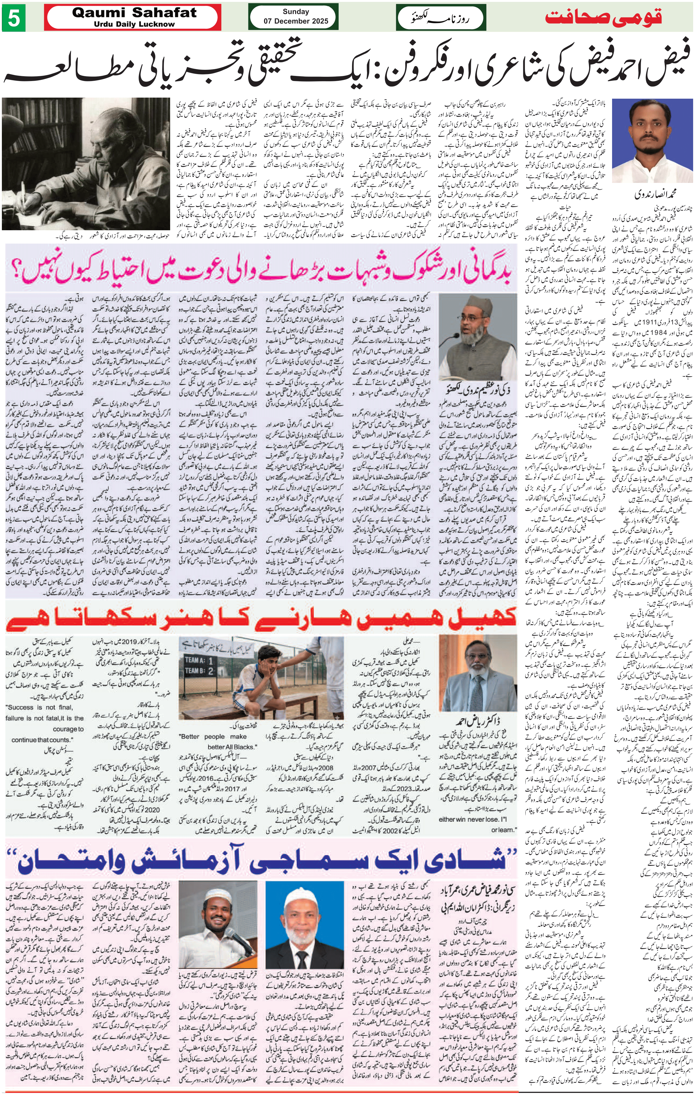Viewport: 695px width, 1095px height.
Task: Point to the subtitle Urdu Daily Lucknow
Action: [x=134, y=24]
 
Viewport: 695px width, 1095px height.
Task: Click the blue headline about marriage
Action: [x=268, y=859]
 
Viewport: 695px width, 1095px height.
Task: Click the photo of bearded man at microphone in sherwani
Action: [x=478, y=336]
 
